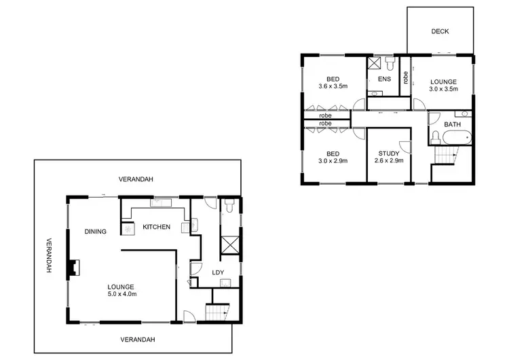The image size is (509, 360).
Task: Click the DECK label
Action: tap(440, 32)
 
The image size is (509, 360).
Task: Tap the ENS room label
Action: tap(385, 79)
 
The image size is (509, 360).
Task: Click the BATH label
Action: tap(453, 126)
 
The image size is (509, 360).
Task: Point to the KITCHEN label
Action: tap(156, 227)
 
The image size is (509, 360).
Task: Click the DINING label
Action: tap(96, 232)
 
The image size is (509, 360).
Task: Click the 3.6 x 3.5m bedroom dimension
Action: tap(333, 87)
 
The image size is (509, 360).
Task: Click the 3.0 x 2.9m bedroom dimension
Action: tap(333, 162)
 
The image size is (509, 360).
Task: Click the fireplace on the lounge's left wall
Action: tap(72, 270)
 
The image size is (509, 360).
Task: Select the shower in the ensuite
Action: tap(375, 63)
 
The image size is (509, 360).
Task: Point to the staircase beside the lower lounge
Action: tap(215, 313)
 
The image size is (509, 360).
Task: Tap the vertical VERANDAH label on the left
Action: tap(50, 255)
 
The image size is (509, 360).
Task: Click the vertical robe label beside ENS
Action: tap(405, 77)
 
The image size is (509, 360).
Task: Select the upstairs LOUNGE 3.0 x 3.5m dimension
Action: tap(442, 88)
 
